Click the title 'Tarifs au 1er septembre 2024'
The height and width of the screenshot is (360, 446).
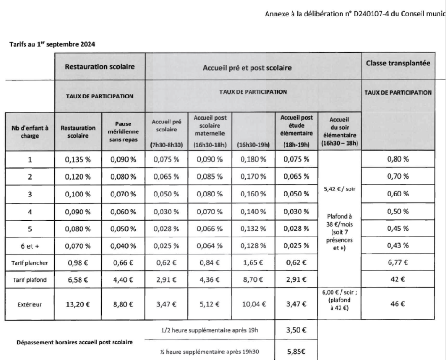[x=52, y=45]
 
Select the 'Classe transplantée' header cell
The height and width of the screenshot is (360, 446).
[x=398, y=63]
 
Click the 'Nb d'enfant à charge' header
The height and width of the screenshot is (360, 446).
[x=30, y=131]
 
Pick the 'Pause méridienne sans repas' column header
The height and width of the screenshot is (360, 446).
[x=123, y=131]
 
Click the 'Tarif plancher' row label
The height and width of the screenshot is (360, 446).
[x=30, y=262]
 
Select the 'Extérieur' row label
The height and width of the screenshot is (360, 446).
[x=30, y=304]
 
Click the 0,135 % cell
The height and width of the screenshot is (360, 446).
[x=78, y=159]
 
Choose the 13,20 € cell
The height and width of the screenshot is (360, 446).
[x=78, y=304]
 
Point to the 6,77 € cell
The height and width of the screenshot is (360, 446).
[x=398, y=262]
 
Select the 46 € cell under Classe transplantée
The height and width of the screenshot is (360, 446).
[x=398, y=304]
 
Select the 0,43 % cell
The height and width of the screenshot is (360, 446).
[x=398, y=245]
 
